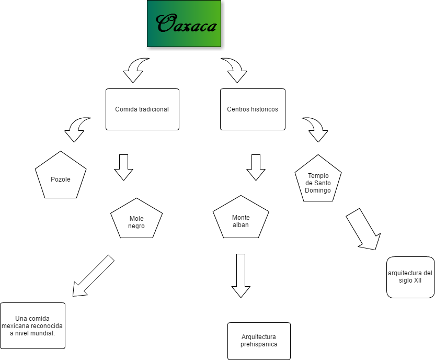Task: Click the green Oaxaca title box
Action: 184,24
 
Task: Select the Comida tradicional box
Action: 142,109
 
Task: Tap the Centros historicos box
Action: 253,109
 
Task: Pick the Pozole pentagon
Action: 61,177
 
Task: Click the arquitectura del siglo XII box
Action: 410,277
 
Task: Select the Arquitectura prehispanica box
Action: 259,341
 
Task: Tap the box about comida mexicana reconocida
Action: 32,325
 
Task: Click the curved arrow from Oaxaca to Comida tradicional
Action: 135,70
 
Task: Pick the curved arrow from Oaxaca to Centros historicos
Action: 235,70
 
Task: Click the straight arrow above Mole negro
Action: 124,167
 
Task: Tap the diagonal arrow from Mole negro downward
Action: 93,276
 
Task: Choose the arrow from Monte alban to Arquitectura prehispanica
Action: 241,275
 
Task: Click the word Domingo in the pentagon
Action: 318,190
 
